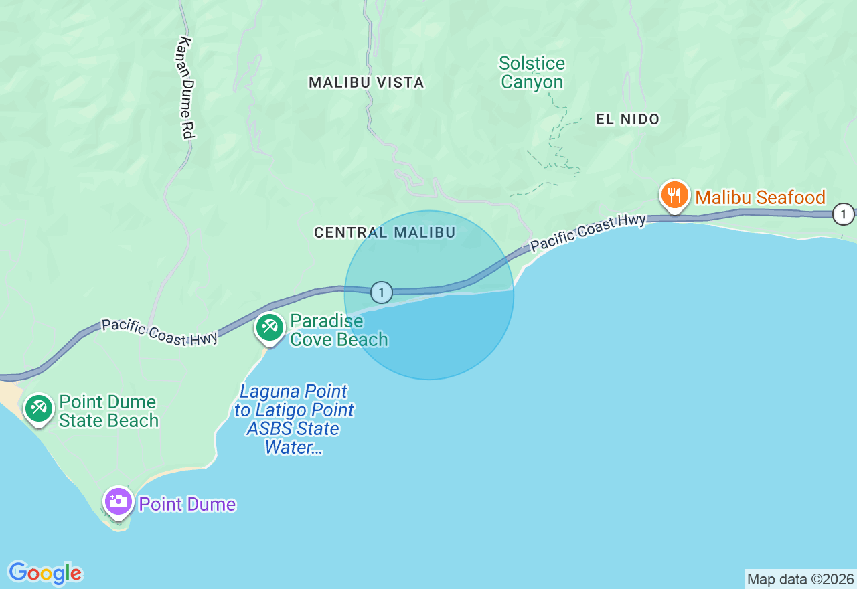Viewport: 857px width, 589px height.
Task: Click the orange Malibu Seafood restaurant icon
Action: pyautogui.click(x=674, y=195)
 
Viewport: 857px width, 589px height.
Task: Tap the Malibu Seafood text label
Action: pyautogui.click(x=760, y=197)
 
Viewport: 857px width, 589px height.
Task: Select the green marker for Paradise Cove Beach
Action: pyautogui.click(x=270, y=327)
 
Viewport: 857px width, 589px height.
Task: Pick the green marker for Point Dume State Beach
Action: pyautogui.click(x=39, y=408)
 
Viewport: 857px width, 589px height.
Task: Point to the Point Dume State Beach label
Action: pyautogui.click(x=108, y=411)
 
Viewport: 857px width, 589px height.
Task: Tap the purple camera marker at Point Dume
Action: pyautogui.click(x=119, y=501)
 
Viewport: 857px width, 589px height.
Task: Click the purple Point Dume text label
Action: pyautogui.click(x=187, y=504)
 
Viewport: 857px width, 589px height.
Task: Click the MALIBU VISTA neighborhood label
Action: pyautogui.click(x=366, y=82)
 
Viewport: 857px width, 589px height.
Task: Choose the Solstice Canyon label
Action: pyautogui.click(x=532, y=73)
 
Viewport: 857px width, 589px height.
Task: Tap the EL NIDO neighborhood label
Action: pyautogui.click(x=627, y=119)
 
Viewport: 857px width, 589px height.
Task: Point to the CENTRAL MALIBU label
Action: pyautogui.click(x=384, y=232)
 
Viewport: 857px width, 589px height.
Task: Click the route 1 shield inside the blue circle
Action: pyautogui.click(x=382, y=292)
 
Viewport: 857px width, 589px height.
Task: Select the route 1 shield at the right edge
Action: pyautogui.click(x=844, y=214)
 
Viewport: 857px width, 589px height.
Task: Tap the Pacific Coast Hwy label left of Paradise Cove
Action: pyautogui.click(x=160, y=332)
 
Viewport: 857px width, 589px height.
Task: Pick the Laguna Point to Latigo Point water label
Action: pyautogui.click(x=294, y=419)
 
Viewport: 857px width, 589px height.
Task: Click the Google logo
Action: pyautogui.click(x=45, y=573)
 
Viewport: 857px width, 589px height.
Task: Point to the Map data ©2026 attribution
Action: pyautogui.click(x=800, y=579)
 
